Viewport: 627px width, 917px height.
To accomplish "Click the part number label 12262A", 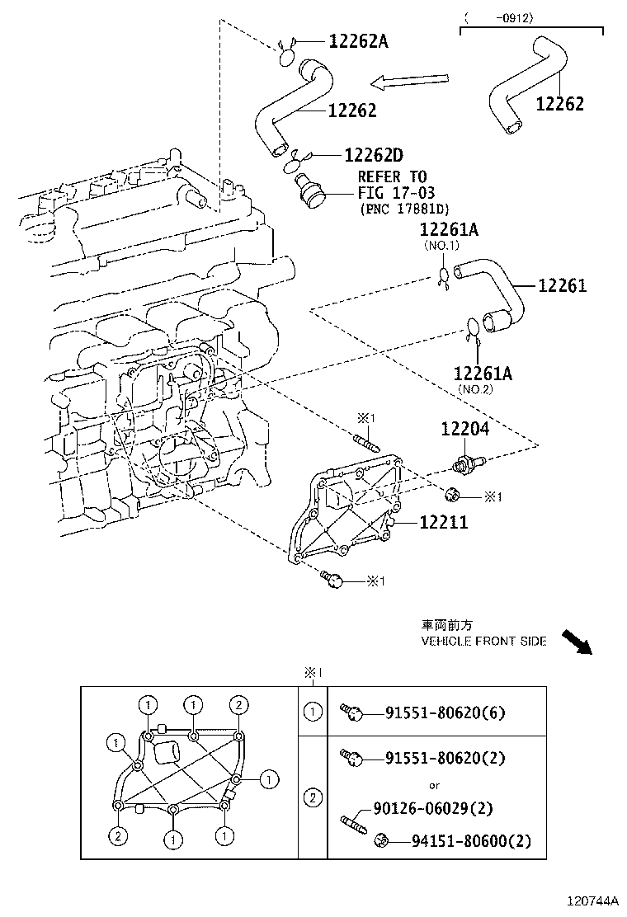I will coord(358,40).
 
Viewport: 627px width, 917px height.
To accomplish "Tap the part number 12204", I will coord(464,429).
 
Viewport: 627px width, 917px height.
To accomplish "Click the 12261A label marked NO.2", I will coord(483,374).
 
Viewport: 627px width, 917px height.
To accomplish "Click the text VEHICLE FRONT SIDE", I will coord(483,642).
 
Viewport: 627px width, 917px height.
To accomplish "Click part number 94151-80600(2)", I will coord(471,841).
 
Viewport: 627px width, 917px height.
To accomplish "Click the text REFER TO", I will coord(392,176).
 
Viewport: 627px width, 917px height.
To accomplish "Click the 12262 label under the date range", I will coord(559,104).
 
